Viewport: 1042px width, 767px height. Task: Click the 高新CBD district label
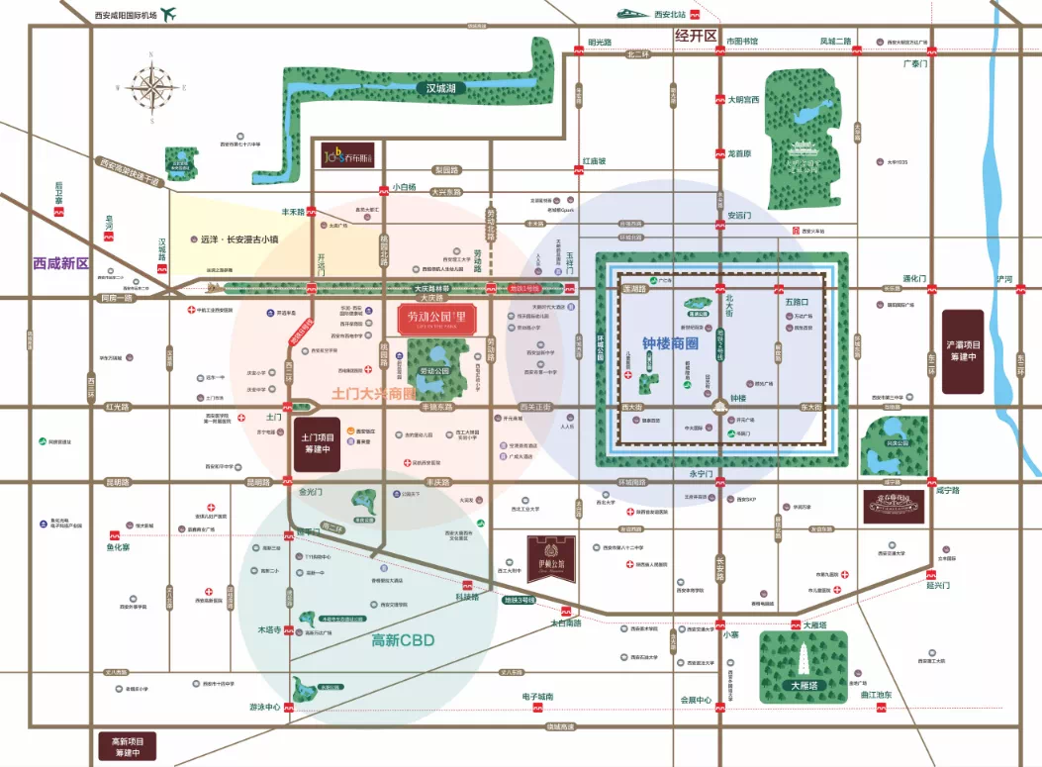[404, 639]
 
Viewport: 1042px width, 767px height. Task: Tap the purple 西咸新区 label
[60, 264]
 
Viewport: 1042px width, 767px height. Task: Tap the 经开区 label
[695, 36]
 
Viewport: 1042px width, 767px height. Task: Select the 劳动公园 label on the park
[435, 370]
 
